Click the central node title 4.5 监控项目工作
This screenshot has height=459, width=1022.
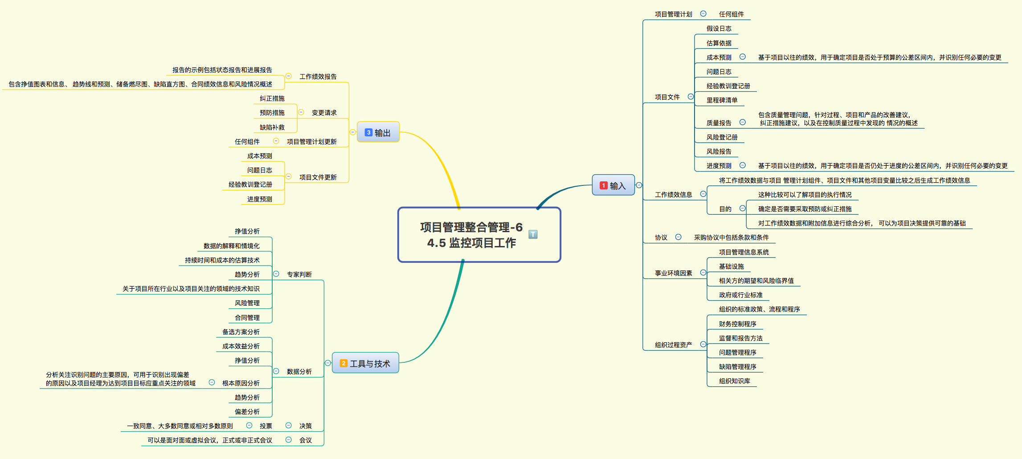pos(471,243)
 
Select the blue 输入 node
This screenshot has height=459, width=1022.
pos(613,185)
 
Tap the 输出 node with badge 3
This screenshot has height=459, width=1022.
pos(378,132)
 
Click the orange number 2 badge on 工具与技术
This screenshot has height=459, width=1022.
pos(343,363)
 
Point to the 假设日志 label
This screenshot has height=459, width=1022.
pos(719,29)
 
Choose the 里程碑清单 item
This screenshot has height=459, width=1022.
pos(722,100)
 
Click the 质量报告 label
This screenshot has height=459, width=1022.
pos(719,123)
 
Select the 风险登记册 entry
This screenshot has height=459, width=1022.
pos(722,137)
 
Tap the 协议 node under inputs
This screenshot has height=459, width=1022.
pos(661,238)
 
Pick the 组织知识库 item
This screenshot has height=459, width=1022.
pos(734,381)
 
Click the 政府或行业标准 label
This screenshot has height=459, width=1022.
pos(740,295)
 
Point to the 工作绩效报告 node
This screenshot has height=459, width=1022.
pos(318,77)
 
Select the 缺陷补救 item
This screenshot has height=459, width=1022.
pos(272,127)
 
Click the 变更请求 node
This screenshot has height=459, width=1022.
pos(324,113)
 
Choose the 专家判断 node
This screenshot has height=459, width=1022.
pos(299,275)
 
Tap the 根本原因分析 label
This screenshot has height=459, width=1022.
pos(241,383)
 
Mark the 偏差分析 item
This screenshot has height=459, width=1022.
pos(247,412)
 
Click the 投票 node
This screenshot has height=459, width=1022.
pos(266,426)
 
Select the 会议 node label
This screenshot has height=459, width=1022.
pos(305,440)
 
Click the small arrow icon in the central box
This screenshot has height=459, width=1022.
pos(533,234)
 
